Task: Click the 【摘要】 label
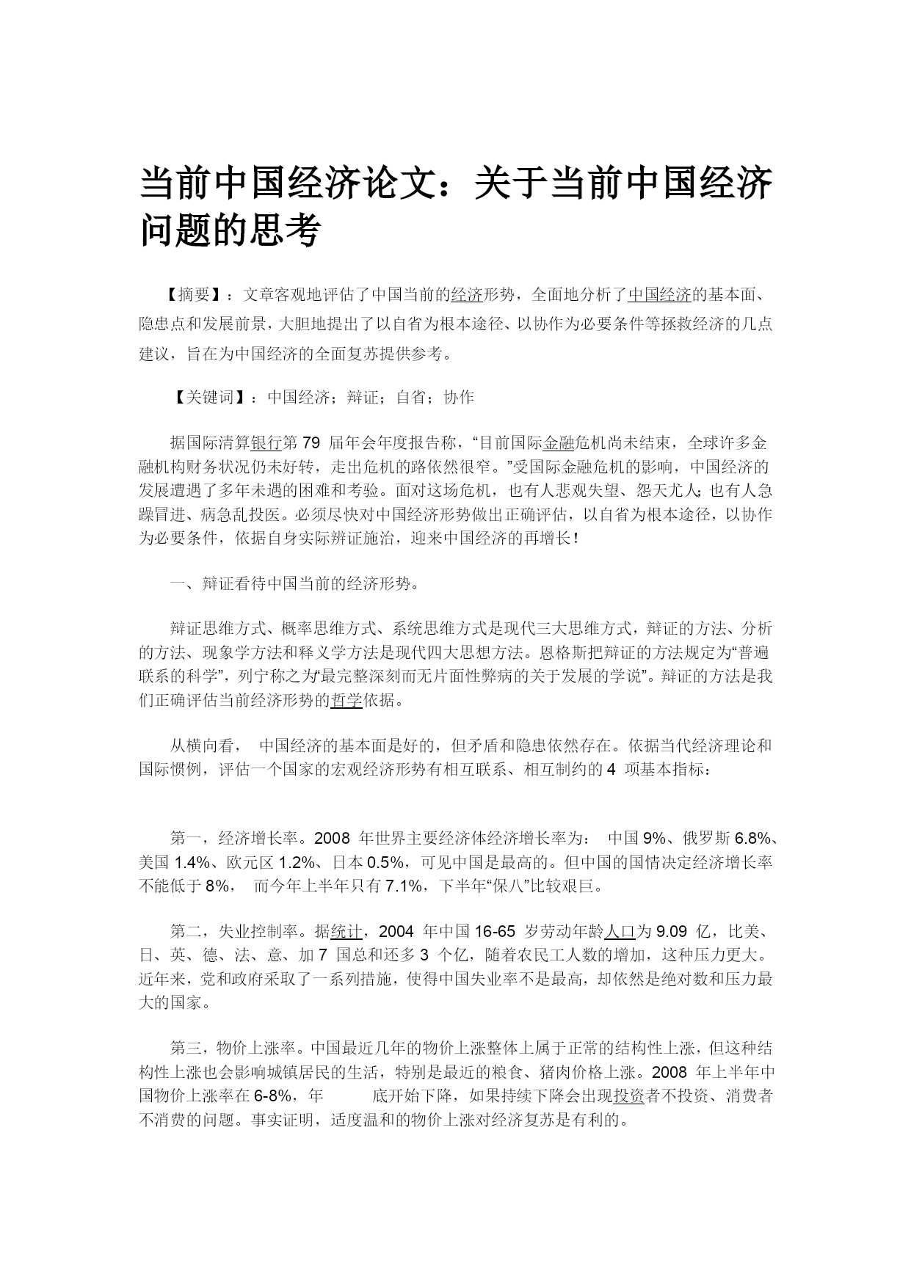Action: point(189,295)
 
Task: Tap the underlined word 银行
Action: point(266,443)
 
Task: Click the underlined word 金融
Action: point(558,443)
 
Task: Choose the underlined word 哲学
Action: point(346,700)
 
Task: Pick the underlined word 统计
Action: point(346,932)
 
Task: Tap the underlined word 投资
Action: point(628,1096)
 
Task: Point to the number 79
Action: point(311,443)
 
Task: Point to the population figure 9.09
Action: point(671,932)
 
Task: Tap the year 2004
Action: point(397,932)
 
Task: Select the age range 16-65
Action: point(495,932)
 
